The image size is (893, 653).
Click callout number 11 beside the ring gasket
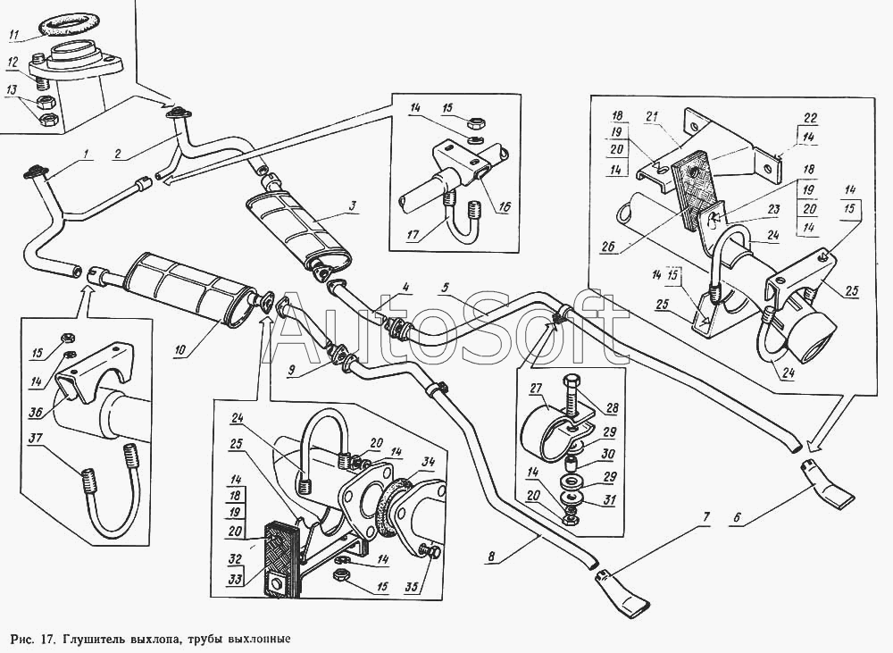[x=13, y=36]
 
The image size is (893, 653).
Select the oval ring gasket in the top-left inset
[x=62, y=21]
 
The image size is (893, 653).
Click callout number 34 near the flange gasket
[x=429, y=461]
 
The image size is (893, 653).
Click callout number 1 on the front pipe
[x=88, y=154]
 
